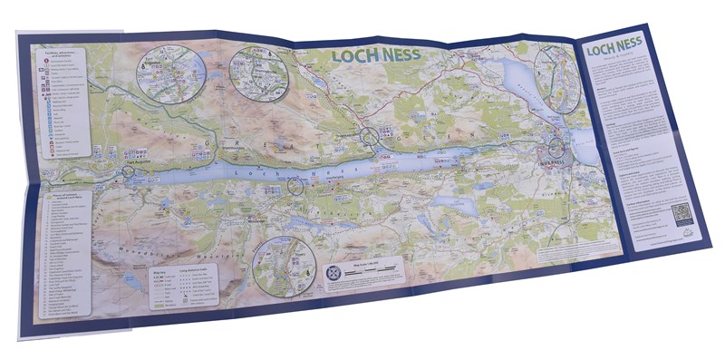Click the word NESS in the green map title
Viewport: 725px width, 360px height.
point(399,55)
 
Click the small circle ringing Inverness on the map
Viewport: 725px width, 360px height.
point(556,148)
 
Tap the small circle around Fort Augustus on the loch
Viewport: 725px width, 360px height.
point(128,170)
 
